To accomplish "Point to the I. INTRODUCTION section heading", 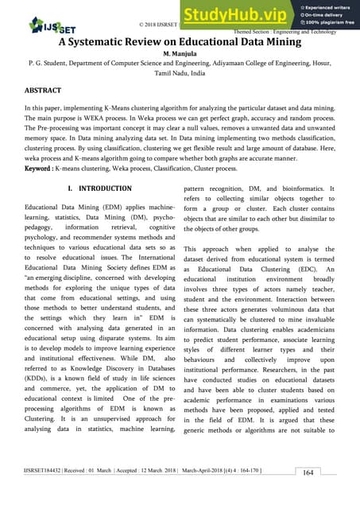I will click(x=100, y=188).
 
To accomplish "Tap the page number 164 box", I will click(x=331, y=472).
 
